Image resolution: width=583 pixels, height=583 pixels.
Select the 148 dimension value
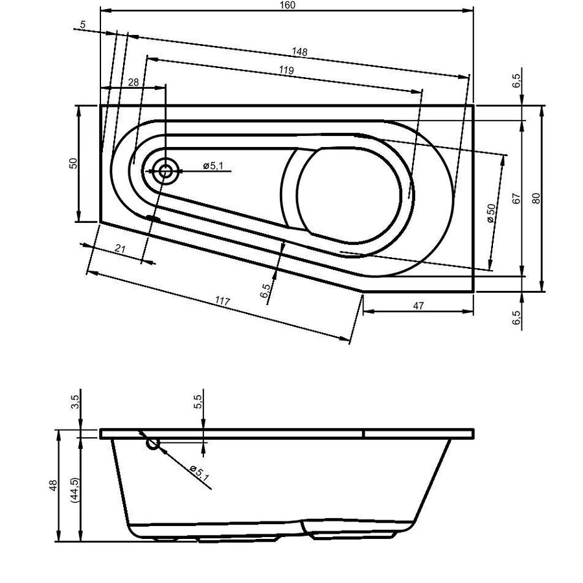click(299, 52)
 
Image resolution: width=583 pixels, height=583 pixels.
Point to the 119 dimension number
click(286, 70)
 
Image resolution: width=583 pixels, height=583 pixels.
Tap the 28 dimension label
click(133, 82)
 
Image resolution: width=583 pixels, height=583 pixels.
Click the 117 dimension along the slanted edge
click(222, 302)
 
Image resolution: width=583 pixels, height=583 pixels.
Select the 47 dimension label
click(418, 306)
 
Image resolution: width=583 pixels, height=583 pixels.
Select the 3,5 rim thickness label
click(75, 402)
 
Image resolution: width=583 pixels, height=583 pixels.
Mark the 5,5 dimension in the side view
click(198, 402)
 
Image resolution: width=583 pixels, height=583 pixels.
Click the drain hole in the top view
click(165, 171)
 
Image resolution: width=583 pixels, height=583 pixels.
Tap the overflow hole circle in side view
click(153, 444)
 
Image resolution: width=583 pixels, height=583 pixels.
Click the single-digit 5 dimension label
click(82, 25)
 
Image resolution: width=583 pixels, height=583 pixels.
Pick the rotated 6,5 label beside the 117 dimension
click(266, 290)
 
